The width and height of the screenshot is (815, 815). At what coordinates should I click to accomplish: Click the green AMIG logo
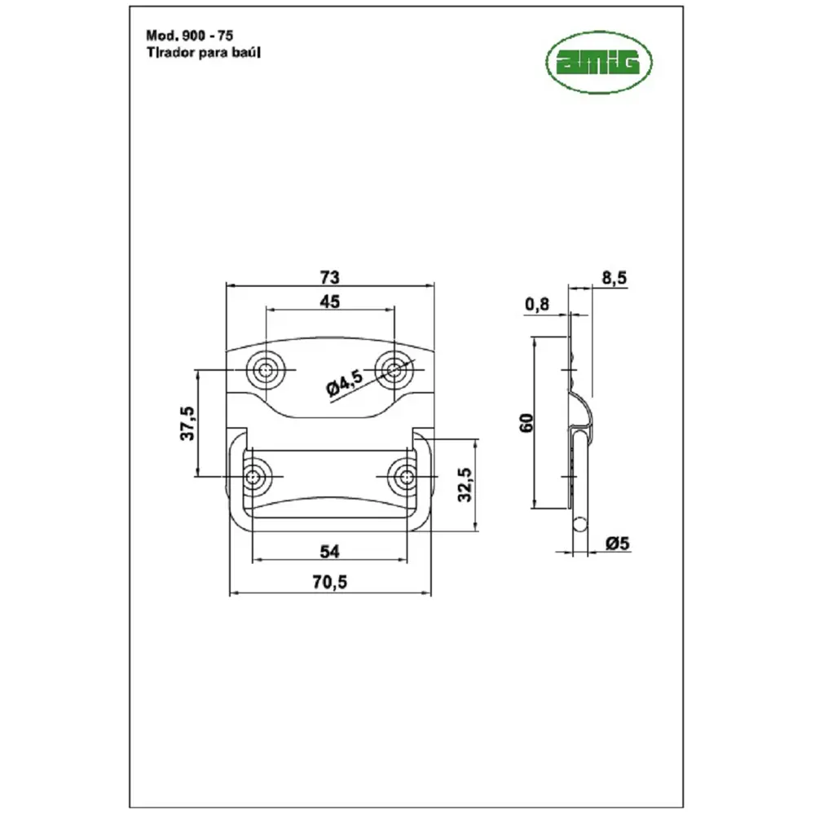(x=599, y=63)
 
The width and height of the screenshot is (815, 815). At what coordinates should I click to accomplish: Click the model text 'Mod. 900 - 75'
(x=190, y=35)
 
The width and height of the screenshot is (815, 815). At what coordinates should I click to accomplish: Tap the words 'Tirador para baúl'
(x=203, y=52)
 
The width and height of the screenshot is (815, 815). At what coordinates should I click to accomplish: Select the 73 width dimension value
(x=329, y=277)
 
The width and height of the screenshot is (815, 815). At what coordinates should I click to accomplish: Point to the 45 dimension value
(x=329, y=301)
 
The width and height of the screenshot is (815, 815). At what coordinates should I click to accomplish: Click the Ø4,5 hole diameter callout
(x=344, y=383)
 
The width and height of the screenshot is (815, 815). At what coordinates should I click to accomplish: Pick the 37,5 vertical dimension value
(x=187, y=424)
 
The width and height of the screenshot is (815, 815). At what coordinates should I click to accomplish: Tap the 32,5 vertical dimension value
(x=465, y=484)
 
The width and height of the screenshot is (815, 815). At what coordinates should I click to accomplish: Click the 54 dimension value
(x=329, y=551)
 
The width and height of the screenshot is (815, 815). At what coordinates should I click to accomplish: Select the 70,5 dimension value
(x=329, y=582)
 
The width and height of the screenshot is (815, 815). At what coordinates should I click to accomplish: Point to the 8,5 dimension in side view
(x=615, y=278)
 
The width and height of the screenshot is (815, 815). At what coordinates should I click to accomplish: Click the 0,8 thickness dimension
(x=537, y=304)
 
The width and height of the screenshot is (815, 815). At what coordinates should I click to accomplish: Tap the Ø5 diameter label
(x=618, y=543)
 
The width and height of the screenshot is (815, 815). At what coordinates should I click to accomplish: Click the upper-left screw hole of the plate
(x=266, y=370)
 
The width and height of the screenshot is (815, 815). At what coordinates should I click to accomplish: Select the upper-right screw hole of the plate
(x=394, y=370)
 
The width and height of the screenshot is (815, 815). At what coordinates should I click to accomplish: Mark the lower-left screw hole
(x=253, y=477)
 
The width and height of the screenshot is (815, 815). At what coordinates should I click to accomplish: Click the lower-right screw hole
(x=407, y=477)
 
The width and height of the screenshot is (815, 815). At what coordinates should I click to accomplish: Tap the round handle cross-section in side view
(x=580, y=524)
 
